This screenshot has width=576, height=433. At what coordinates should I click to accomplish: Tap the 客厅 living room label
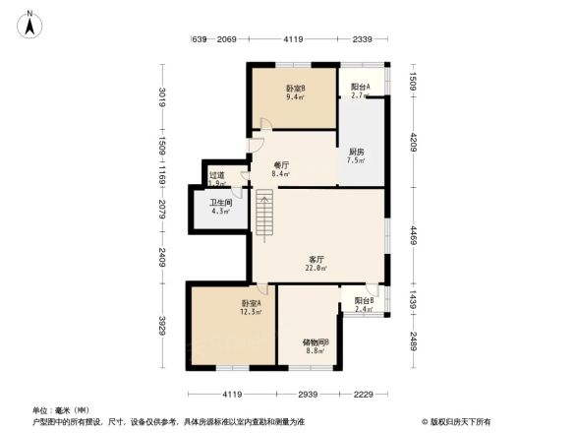click(314, 259)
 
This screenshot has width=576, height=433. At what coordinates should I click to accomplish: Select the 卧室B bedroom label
click(294, 89)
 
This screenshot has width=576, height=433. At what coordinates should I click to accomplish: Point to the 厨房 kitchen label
click(356, 152)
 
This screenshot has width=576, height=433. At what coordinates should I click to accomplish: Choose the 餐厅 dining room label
click(282, 165)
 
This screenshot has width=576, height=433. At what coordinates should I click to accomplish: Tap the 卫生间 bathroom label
click(218, 204)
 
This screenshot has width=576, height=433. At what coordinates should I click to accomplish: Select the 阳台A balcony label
click(360, 88)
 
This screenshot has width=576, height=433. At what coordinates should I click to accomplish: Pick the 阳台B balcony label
click(363, 301)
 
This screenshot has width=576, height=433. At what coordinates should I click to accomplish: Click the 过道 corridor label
click(215, 176)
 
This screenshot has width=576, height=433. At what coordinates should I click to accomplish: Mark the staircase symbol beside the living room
click(262, 215)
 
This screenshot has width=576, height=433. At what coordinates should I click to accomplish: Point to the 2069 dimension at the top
click(226, 39)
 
